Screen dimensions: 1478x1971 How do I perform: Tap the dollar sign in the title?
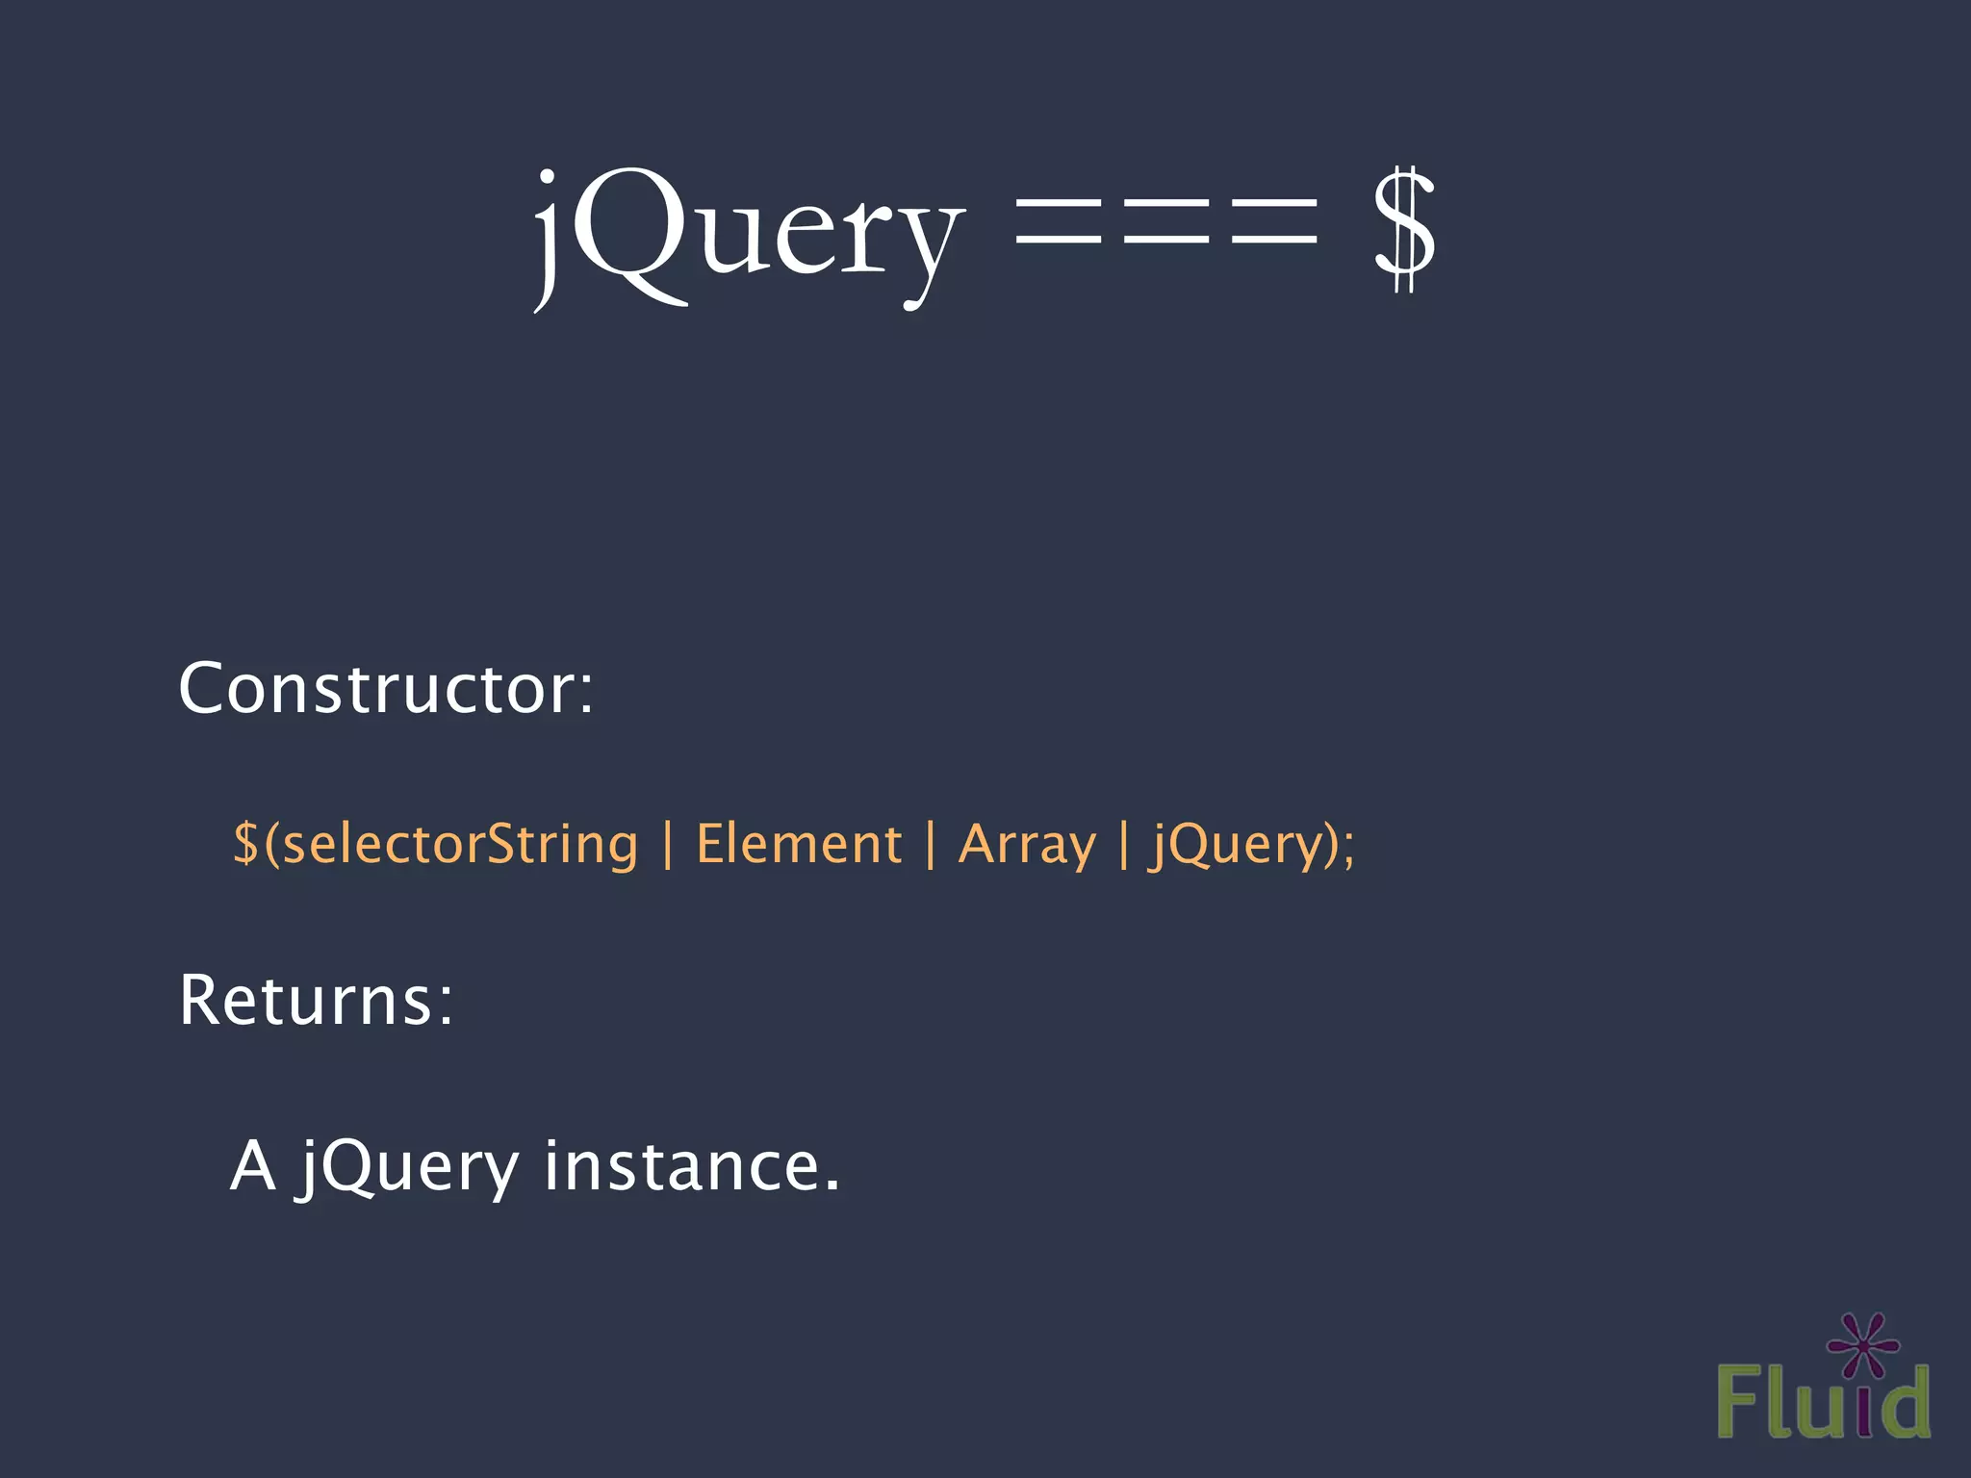coord(1403,231)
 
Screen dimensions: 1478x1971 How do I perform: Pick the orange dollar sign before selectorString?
coord(245,843)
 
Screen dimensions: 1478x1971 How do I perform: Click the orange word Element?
coord(798,844)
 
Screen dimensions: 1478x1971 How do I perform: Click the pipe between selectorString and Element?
coord(668,845)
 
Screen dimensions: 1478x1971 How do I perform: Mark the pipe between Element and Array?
coord(930,845)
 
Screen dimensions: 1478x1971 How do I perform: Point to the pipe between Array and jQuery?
coord(1124,845)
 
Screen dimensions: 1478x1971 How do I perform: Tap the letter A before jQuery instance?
coord(253,1166)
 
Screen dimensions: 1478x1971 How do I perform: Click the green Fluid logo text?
coord(1822,1401)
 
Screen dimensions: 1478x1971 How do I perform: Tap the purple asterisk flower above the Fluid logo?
coord(1862,1344)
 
